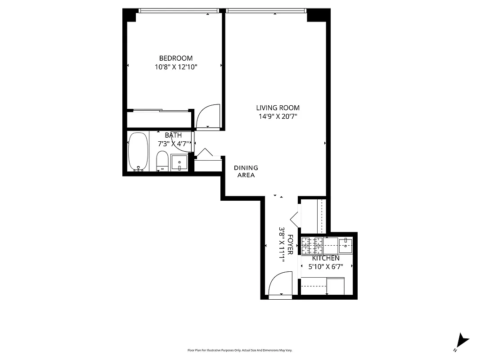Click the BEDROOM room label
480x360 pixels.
click(x=176, y=58)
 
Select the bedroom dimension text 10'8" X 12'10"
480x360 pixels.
click(x=176, y=67)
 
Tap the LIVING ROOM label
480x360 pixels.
click(x=278, y=108)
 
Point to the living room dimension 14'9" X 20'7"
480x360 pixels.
click(x=278, y=116)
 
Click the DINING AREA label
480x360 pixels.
click(x=246, y=171)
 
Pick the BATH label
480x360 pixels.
click(x=173, y=135)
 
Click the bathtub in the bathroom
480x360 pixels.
click(x=138, y=152)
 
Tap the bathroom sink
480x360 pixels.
click(x=179, y=162)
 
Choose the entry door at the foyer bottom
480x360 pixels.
click(x=279, y=288)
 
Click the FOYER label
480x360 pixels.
click(x=291, y=245)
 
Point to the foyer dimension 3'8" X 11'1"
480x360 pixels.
click(x=282, y=245)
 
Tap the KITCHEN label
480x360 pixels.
click(x=326, y=258)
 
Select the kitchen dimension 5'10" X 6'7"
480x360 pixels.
click(x=326, y=266)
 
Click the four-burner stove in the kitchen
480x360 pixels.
click(x=312, y=245)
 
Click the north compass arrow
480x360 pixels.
click(x=462, y=341)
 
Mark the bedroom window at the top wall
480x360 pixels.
click(x=178, y=10)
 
